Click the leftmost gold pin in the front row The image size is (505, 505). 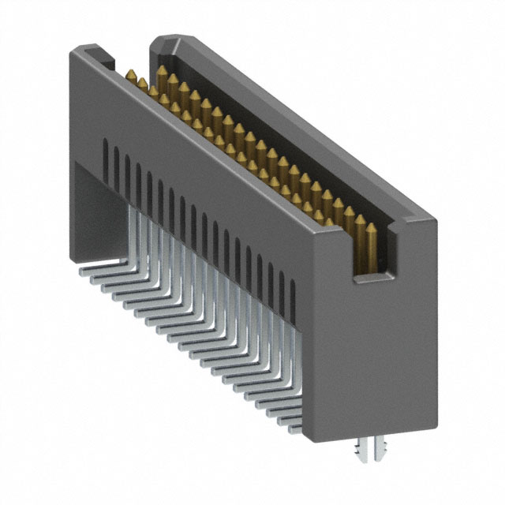129,76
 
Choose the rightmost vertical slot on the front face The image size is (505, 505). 294,293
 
